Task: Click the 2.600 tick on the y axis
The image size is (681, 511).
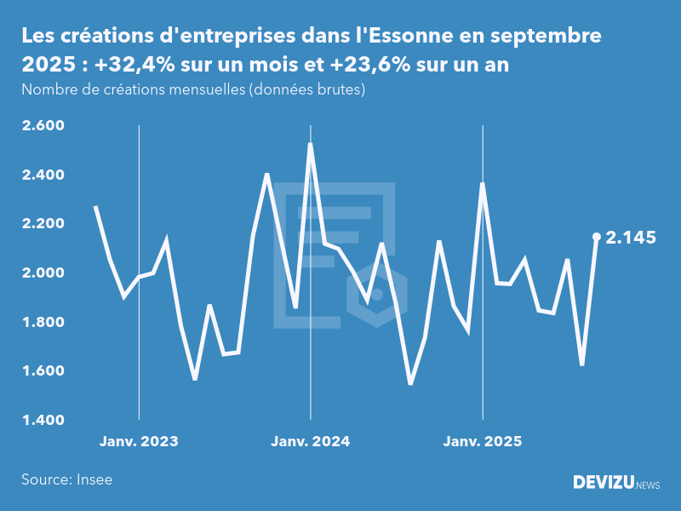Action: [x=43, y=126]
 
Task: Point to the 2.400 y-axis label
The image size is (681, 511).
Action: [x=43, y=175]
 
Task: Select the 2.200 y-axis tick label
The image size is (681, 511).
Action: [x=43, y=224]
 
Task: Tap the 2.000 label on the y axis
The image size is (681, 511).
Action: [x=43, y=273]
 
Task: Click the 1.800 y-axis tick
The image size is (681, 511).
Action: [x=43, y=322]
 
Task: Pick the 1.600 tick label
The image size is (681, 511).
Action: [x=43, y=371]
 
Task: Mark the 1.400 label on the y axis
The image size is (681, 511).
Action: [x=43, y=420]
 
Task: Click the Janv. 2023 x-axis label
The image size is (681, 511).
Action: [x=139, y=441]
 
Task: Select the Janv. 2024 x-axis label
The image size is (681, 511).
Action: [x=311, y=441]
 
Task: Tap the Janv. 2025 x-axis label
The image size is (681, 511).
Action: [x=483, y=441]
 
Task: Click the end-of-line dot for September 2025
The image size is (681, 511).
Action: [x=596, y=237]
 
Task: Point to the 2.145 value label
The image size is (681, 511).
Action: [x=631, y=238]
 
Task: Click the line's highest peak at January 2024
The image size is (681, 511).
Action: [x=310, y=144]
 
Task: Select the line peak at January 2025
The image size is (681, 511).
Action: [x=483, y=184]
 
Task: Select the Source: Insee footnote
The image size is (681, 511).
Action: [x=67, y=479]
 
